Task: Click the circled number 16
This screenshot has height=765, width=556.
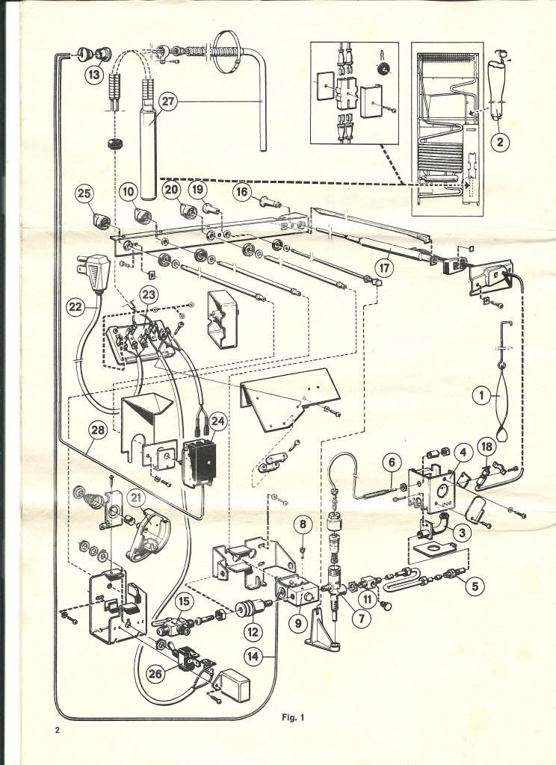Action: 242,192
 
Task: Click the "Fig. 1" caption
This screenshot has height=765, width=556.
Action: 291,718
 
